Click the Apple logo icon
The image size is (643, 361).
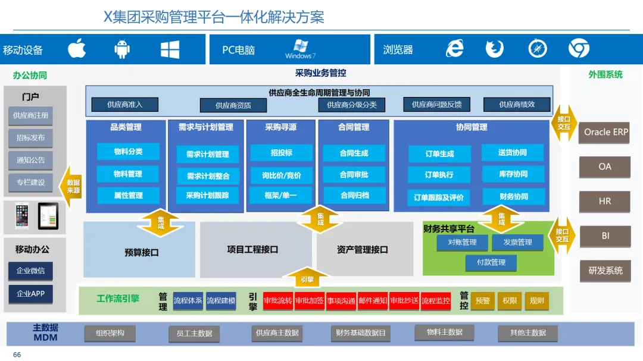[77, 49]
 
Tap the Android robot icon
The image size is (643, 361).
[123, 49]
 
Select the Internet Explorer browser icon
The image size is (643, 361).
[455, 49]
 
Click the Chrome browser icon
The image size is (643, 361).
[578, 49]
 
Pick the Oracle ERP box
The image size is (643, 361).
[605, 132]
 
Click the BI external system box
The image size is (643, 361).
[605, 236]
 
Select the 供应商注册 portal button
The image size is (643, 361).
[31, 115]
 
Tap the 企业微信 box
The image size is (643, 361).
[31, 271]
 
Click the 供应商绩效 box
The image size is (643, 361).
[517, 105]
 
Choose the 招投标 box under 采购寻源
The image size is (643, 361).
[281, 153]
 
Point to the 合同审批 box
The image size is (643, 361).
[354, 174]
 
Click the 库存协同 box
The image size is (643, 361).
[513, 174]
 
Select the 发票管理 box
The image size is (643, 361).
[517, 242]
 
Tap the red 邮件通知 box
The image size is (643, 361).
[373, 301]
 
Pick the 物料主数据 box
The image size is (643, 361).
[444, 332]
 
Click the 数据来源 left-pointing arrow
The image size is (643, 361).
[71, 187]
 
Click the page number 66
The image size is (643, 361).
[17, 355]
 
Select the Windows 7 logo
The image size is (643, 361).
[299, 49]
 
